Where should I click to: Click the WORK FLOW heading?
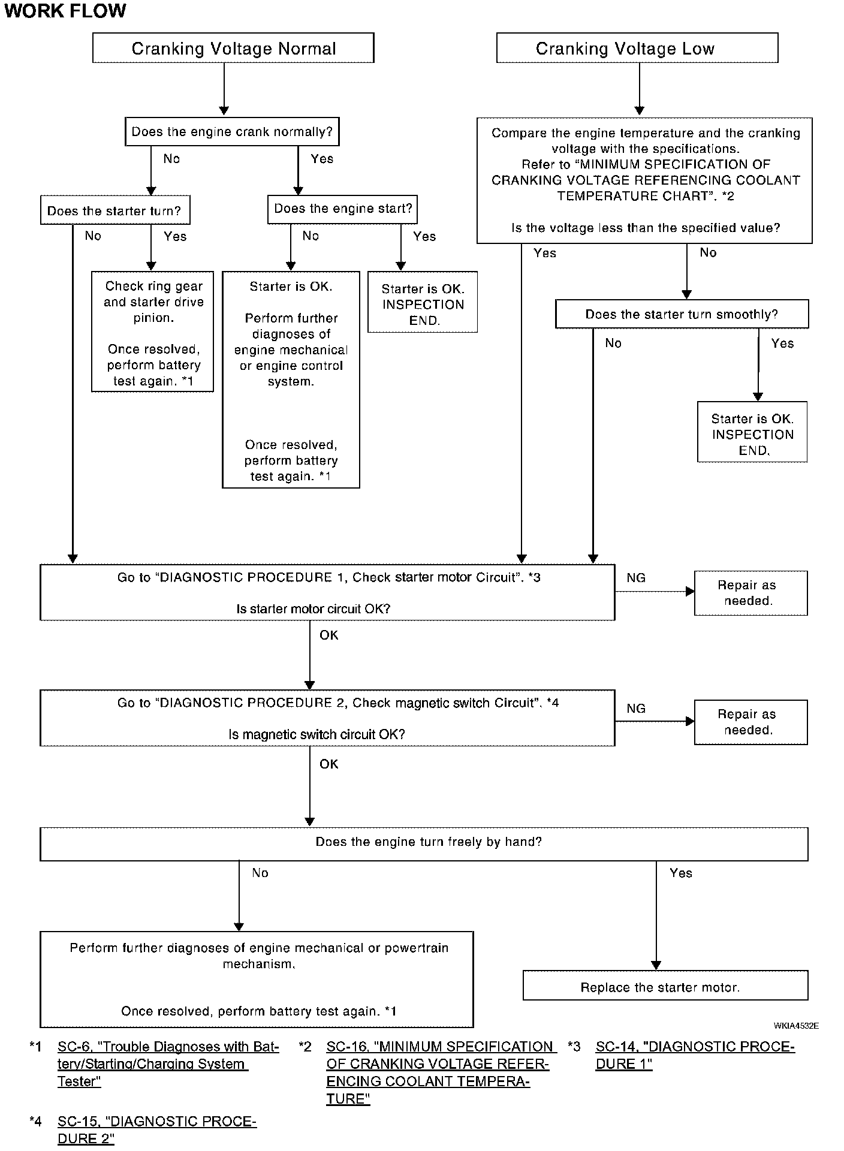tap(65, 11)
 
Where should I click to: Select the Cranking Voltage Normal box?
tap(233, 48)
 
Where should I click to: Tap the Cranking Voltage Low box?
tap(637, 48)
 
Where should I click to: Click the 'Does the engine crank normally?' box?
tap(232, 132)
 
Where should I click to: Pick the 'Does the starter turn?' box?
tap(115, 210)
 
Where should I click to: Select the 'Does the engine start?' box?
tap(343, 209)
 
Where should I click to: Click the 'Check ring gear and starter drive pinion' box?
tap(152, 332)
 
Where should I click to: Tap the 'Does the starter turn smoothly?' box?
tap(682, 314)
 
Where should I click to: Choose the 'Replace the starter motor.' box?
tap(665, 987)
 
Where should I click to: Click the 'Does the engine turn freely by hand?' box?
tap(424, 844)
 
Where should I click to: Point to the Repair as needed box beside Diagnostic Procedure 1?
tap(751, 593)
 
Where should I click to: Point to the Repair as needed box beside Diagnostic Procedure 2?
tap(751, 722)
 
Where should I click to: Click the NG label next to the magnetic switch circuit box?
tap(636, 709)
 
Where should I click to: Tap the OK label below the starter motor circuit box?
tap(329, 635)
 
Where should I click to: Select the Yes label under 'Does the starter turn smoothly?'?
tap(782, 344)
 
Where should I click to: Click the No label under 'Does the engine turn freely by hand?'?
tap(260, 873)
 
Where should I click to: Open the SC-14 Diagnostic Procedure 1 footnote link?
tap(695, 1055)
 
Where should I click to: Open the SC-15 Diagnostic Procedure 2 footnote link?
tap(157, 1130)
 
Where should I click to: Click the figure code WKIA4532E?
tap(796, 1026)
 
